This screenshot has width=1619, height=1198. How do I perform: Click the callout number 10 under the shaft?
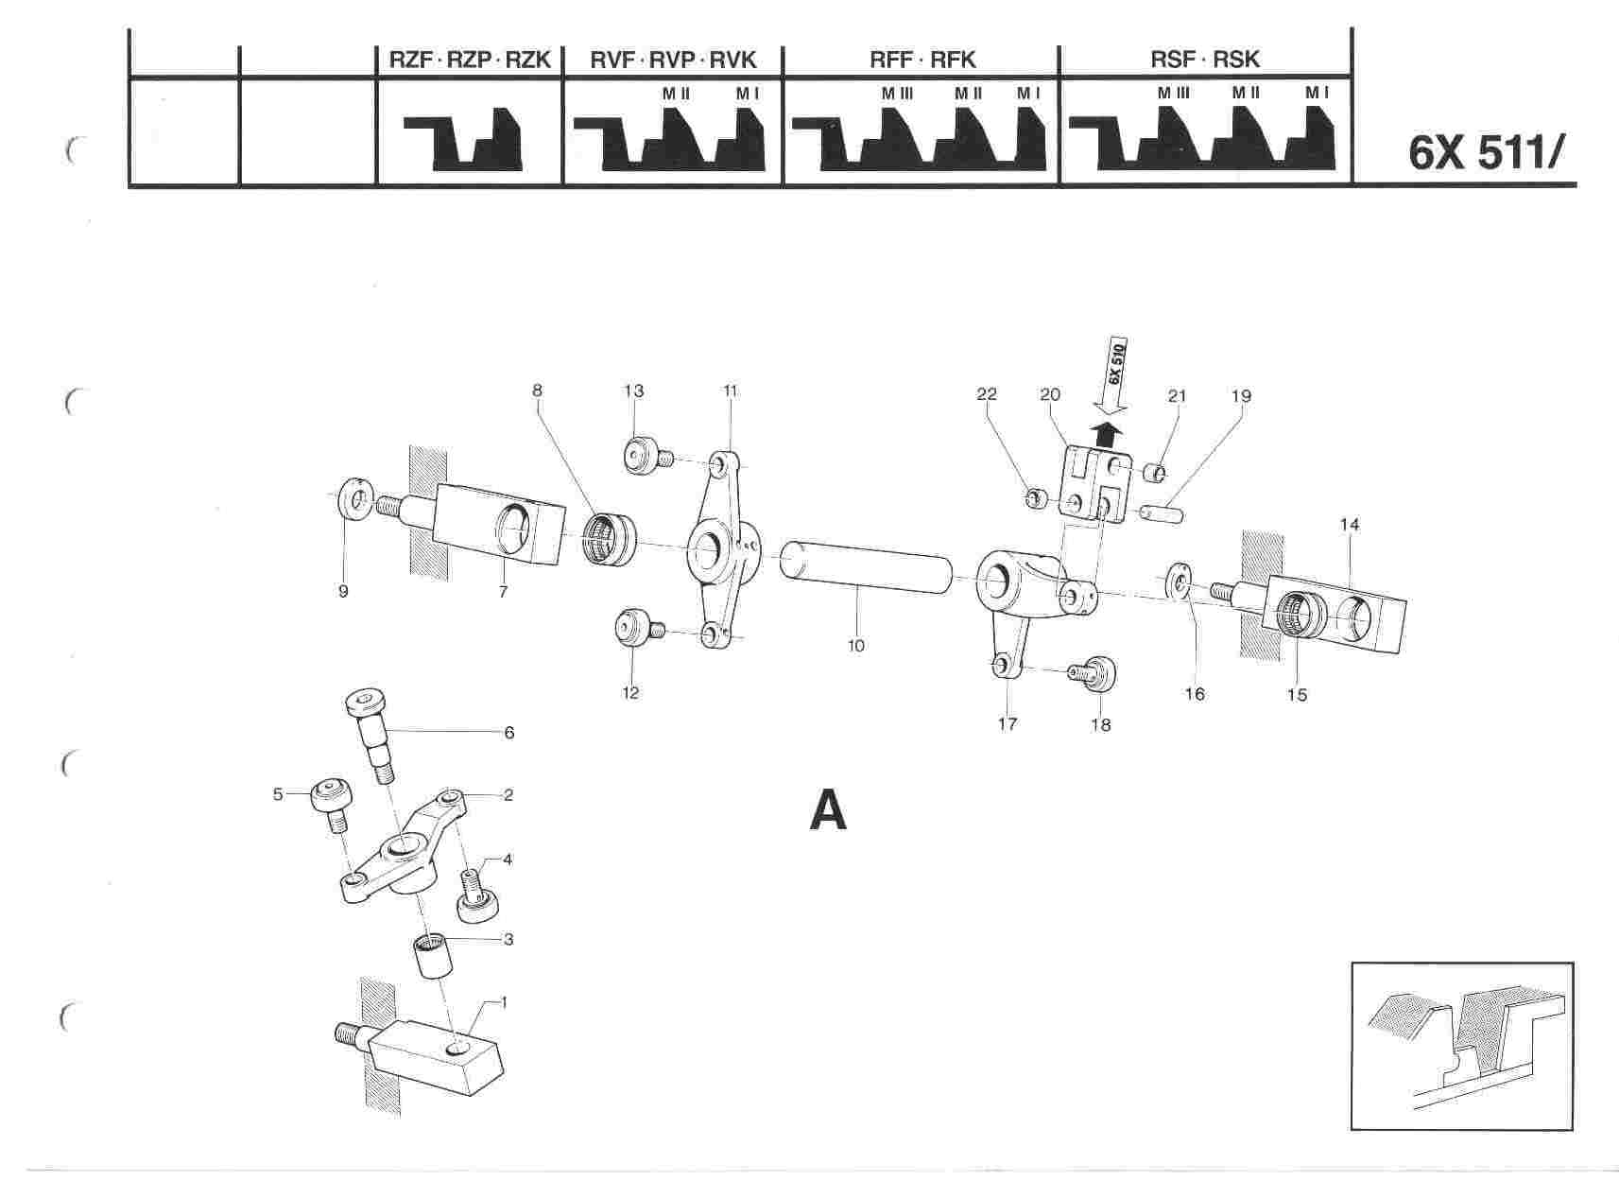(x=856, y=647)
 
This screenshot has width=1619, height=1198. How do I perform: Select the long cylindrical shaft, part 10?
(x=866, y=566)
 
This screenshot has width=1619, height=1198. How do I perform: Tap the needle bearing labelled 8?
(x=610, y=538)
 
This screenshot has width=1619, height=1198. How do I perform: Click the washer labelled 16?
(x=1178, y=581)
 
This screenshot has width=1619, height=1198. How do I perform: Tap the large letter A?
(x=829, y=810)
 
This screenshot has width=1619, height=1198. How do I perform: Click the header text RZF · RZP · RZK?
(x=469, y=60)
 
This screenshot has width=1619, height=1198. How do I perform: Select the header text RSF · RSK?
(x=1205, y=60)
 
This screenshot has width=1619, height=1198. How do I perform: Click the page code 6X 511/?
(x=1490, y=153)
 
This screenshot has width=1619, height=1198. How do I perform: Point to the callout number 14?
(x=1350, y=524)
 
